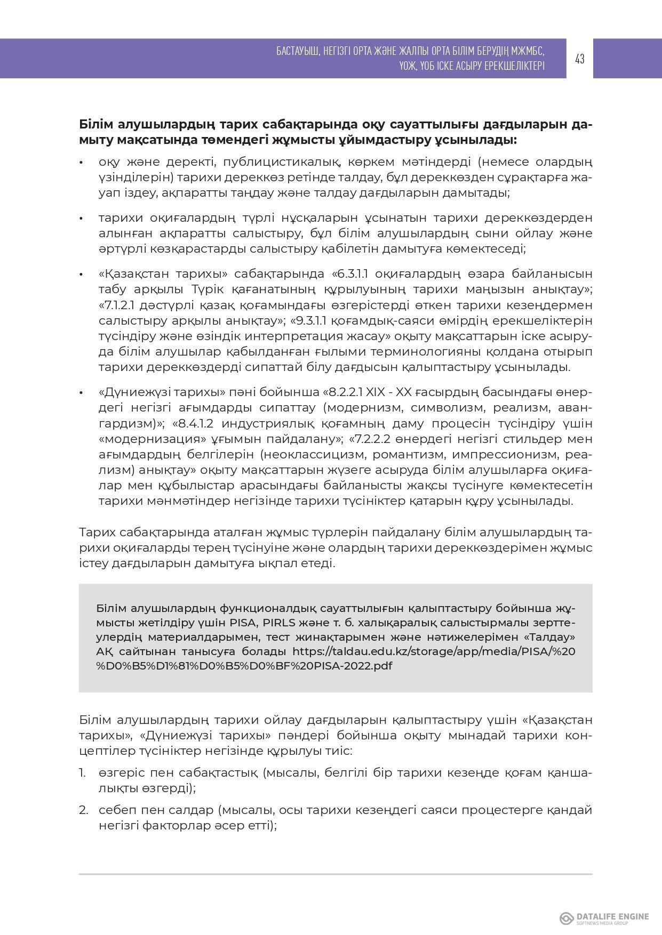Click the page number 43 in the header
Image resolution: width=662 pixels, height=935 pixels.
click(580, 59)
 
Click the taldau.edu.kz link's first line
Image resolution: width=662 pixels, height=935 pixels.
click(434, 651)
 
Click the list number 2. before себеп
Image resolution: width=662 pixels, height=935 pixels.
click(83, 810)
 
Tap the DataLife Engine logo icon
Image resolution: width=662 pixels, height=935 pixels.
click(566, 918)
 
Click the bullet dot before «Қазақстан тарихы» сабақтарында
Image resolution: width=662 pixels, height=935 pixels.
click(81, 275)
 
